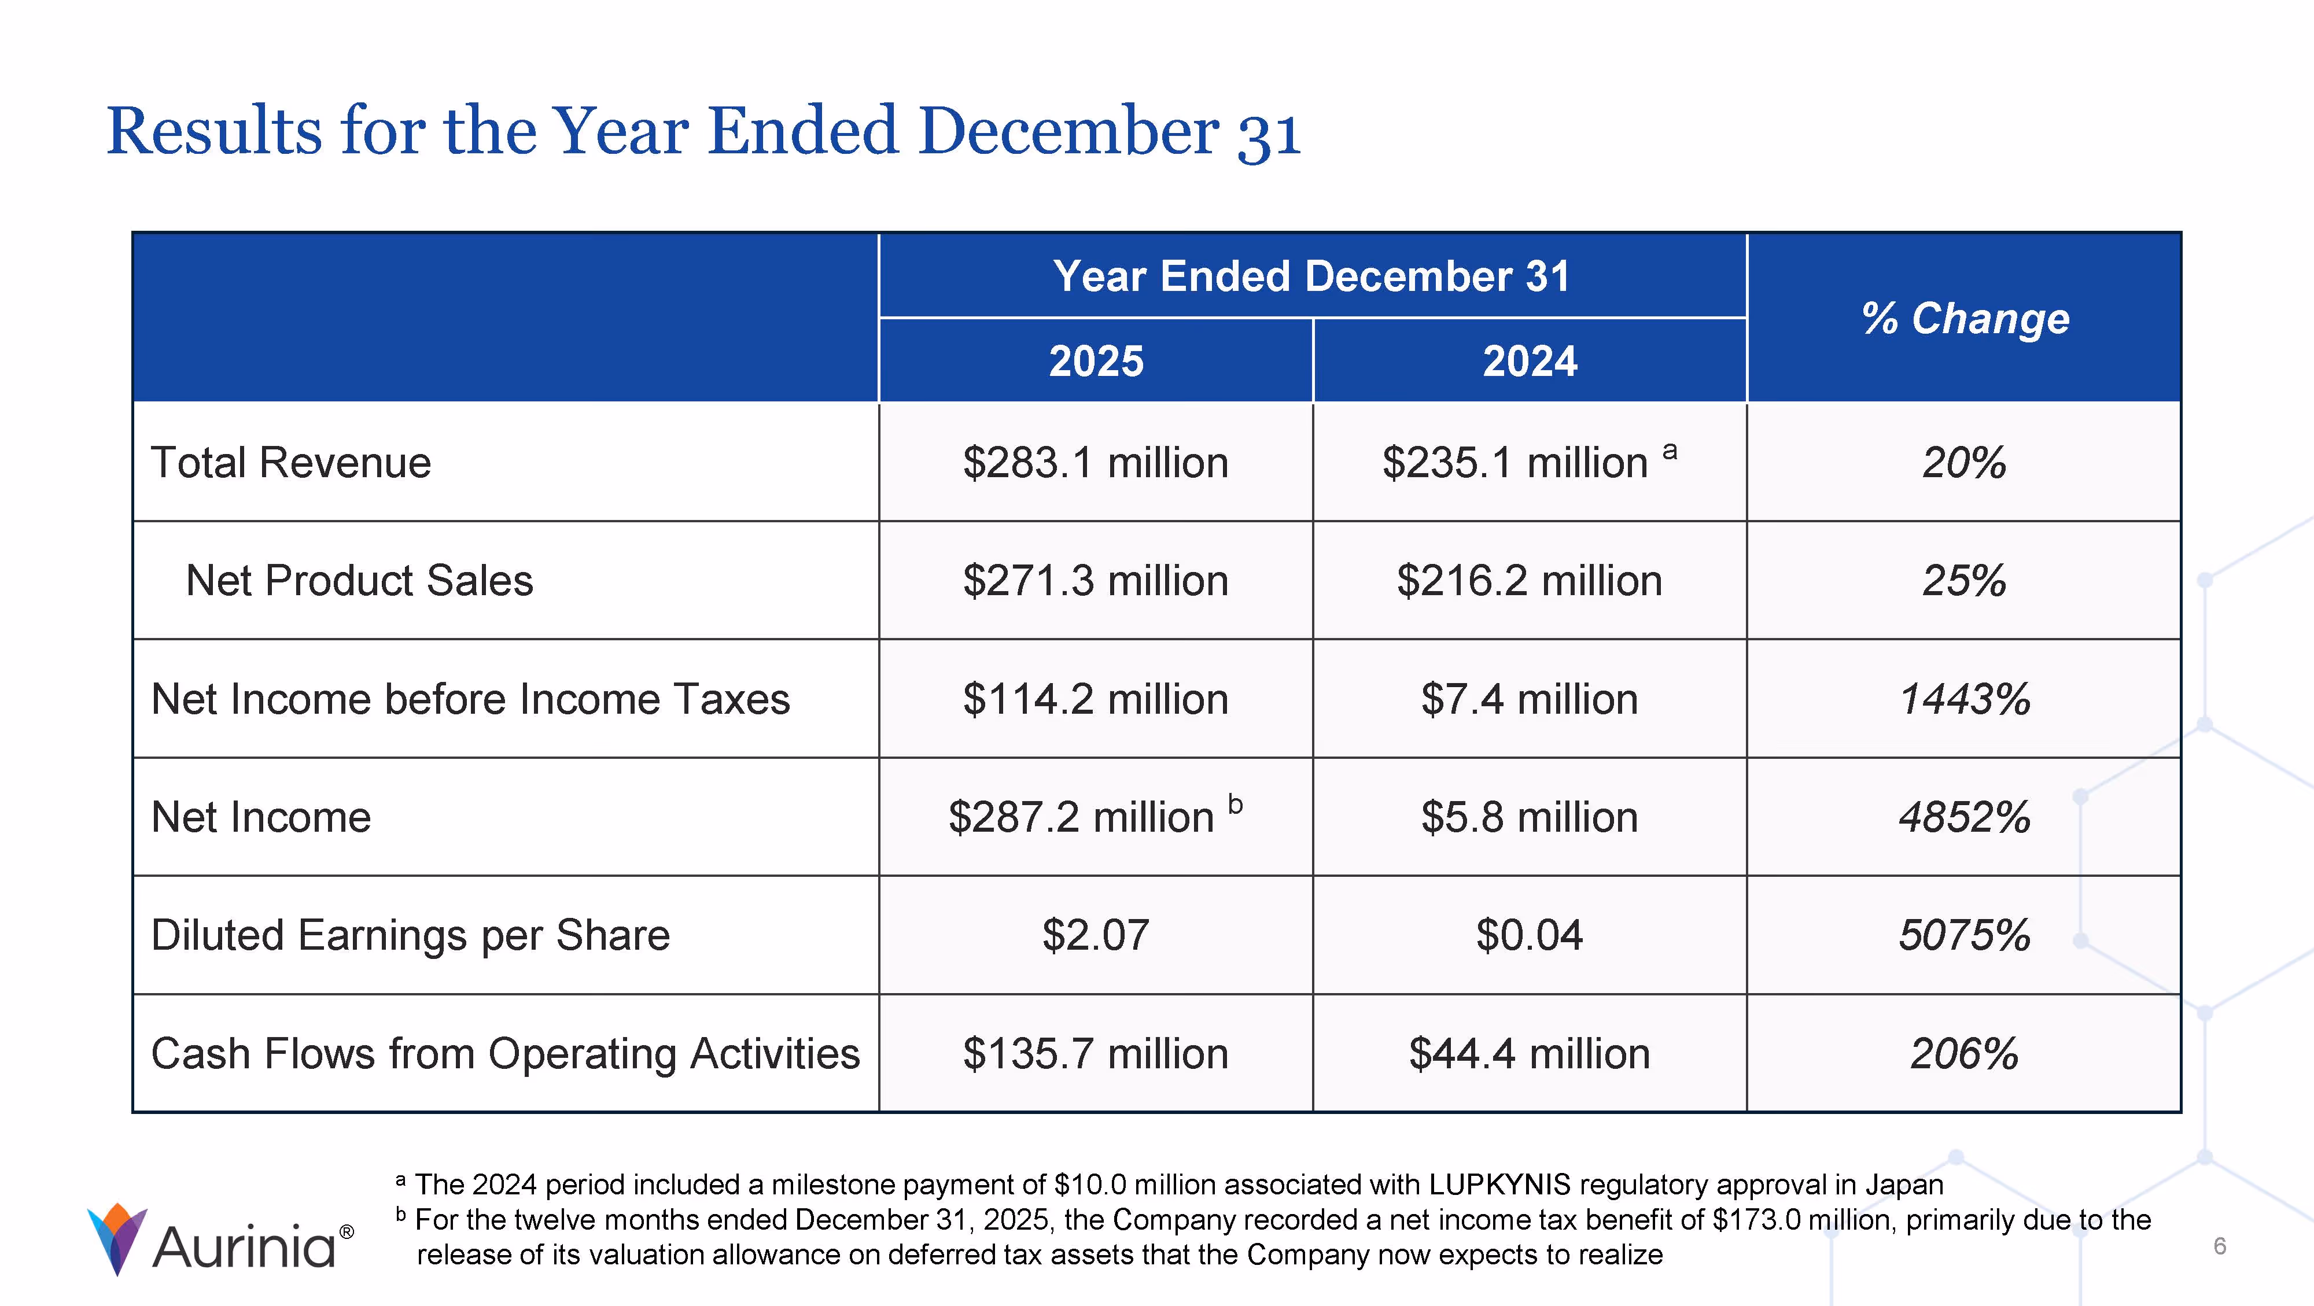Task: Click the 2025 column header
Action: coord(1096,361)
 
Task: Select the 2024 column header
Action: coord(1529,361)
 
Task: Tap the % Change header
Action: coord(1965,318)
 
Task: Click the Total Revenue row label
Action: coord(291,463)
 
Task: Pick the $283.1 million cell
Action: coord(1095,463)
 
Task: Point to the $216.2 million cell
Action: coord(1529,580)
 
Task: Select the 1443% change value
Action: coord(1965,699)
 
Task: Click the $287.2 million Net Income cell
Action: coord(1082,817)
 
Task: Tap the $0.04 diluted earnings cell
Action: coord(1529,935)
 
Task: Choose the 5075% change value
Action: coord(1965,935)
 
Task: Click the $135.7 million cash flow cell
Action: coord(1095,1054)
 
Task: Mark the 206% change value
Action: coord(1965,1054)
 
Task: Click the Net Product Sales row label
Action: coord(359,580)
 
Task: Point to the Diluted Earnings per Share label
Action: coord(411,935)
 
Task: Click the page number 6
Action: coord(2220,1246)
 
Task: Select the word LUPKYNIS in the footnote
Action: coord(1499,1185)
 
